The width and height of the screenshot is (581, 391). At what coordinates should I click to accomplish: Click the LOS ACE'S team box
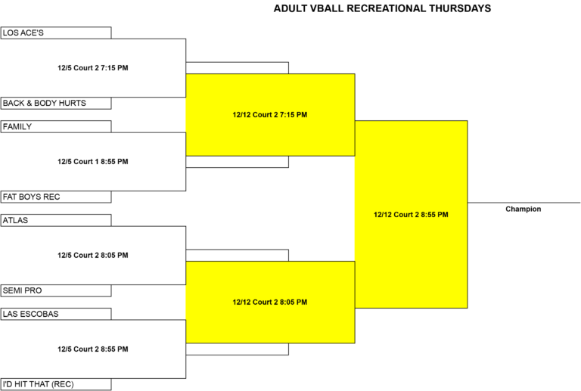pyautogui.click(x=55, y=33)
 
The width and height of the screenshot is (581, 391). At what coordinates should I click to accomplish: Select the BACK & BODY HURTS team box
pyautogui.click(x=55, y=104)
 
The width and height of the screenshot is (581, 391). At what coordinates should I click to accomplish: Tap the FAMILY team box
pyautogui.click(x=55, y=126)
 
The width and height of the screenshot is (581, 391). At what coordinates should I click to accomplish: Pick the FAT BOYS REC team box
pyautogui.click(x=55, y=197)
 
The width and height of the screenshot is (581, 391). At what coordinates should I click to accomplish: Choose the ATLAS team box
pyautogui.click(x=55, y=220)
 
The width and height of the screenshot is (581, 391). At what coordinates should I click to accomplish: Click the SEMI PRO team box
pyautogui.click(x=55, y=290)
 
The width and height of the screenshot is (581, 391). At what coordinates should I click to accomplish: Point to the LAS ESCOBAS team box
pyautogui.click(x=55, y=314)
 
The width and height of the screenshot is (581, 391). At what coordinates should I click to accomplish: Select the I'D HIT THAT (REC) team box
pyautogui.click(x=55, y=384)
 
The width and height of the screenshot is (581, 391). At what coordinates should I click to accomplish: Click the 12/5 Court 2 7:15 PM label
pyautogui.click(x=93, y=68)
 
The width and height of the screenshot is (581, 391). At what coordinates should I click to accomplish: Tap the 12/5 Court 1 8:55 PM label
pyautogui.click(x=93, y=161)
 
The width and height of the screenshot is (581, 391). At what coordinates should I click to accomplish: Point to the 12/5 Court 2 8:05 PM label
pyautogui.click(x=93, y=255)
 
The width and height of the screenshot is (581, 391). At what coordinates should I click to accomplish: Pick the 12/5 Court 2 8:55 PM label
pyautogui.click(x=93, y=349)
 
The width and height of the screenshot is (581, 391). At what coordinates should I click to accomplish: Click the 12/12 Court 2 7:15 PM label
pyautogui.click(x=270, y=115)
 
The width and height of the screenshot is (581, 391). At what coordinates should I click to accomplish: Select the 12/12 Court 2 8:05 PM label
pyautogui.click(x=270, y=303)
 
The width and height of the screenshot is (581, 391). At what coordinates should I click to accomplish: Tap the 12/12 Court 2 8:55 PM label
pyautogui.click(x=411, y=215)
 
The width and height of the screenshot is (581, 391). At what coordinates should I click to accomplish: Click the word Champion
pyautogui.click(x=524, y=209)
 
